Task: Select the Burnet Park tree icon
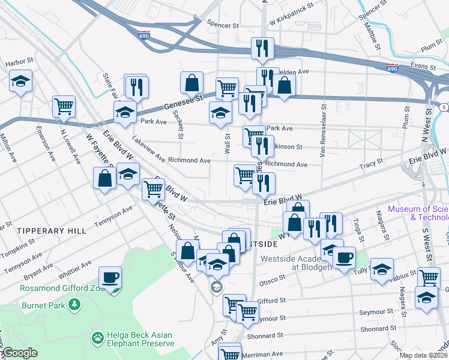pyautogui.click(x=74, y=305)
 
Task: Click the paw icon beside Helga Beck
pyautogui.click(x=97, y=338)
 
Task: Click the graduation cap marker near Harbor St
pyautogui.click(x=20, y=82)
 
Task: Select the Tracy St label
pyautogui.click(x=371, y=164)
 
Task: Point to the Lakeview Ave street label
pyautogui.click(x=149, y=149)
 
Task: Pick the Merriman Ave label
pyautogui.click(x=264, y=354)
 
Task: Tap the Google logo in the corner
pyautogui.click(x=20, y=353)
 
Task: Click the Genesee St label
pyautogui.click(x=181, y=104)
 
